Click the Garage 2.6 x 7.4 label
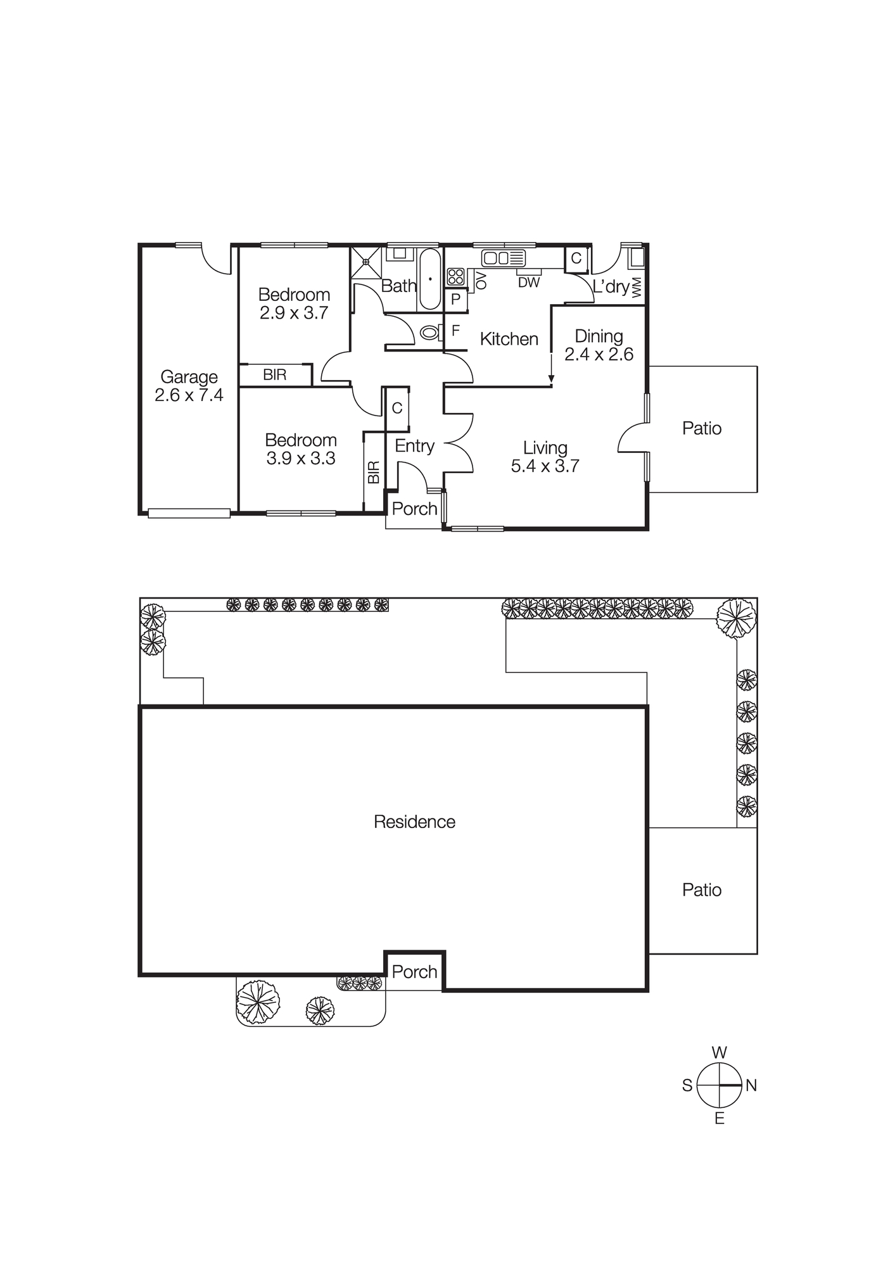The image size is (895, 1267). tap(189, 386)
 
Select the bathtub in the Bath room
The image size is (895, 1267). tap(430, 279)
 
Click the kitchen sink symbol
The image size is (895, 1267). tap(504, 258)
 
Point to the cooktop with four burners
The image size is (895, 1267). tap(455, 276)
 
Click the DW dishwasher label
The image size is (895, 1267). tap(528, 283)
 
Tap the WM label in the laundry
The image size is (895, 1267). tap(637, 287)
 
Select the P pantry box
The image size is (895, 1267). tap(455, 299)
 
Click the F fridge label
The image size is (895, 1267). tap(455, 330)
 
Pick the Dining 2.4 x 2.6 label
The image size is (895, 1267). tap(599, 345)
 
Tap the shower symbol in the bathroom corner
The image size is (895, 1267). tap(365, 262)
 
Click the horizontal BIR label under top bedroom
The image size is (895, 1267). tap(275, 375)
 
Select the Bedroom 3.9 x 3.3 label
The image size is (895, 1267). tap(300, 449)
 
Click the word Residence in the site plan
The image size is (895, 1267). tap(414, 822)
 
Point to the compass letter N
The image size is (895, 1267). tap(751, 1085)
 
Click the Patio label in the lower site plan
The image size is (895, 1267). tap(701, 889)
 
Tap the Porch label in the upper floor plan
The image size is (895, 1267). tap(414, 509)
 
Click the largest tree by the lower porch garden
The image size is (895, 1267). tap(258, 1002)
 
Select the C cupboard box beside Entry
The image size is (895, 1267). tap(397, 409)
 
